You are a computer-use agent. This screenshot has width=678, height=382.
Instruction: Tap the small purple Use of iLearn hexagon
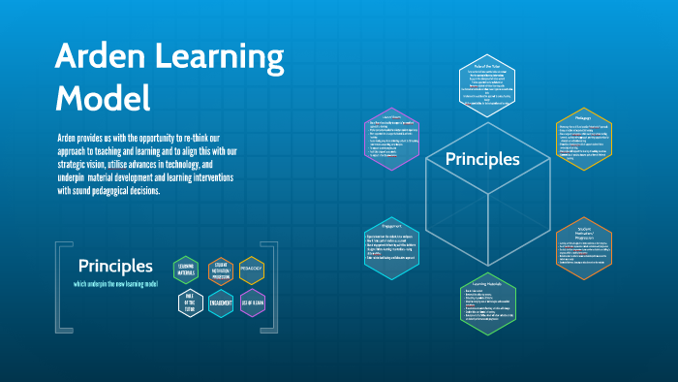click(252, 302)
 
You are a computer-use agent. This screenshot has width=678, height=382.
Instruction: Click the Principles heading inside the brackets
click(115, 265)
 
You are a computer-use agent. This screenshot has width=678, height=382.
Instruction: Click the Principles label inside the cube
click(482, 159)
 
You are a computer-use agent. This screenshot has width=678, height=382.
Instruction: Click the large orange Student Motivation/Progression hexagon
click(584, 248)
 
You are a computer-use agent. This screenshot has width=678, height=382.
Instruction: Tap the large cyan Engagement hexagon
click(391, 247)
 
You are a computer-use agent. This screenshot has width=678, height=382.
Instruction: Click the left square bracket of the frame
click(61, 285)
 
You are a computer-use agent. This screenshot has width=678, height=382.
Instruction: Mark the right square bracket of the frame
click(273, 285)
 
